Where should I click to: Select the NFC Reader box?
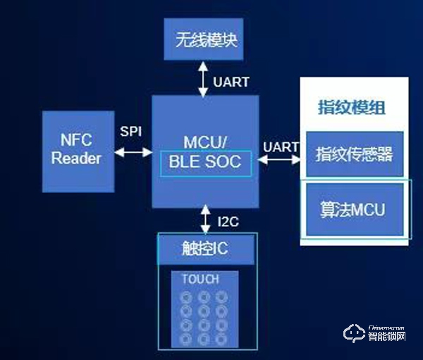point(77,149)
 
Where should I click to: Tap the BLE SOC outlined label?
point(205,163)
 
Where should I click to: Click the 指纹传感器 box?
point(355,154)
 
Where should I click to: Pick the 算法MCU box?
point(355,209)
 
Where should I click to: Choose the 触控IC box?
point(207,247)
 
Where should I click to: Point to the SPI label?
point(130,132)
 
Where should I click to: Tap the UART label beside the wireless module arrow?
point(231,82)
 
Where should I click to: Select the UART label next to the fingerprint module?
point(281,147)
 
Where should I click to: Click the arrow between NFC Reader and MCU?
point(133,151)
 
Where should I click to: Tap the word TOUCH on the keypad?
point(200,279)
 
